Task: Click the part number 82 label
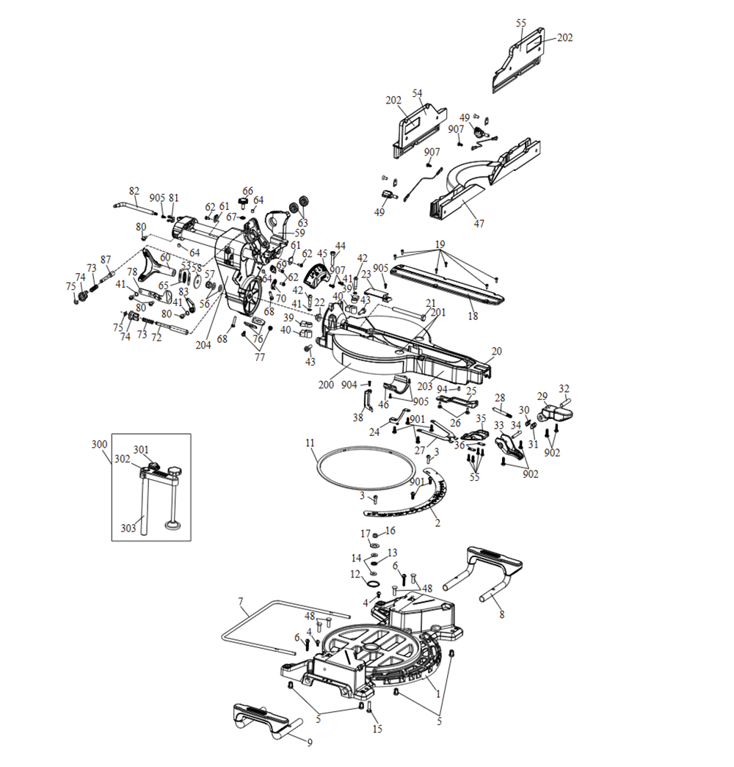[134, 191]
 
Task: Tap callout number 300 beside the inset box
[98, 444]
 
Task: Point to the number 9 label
[310, 742]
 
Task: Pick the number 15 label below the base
[378, 729]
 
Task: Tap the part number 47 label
[479, 223]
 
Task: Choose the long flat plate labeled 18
[448, 283]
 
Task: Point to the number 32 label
[564, 388]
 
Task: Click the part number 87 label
[106, 259]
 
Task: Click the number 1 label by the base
[437, 692]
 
